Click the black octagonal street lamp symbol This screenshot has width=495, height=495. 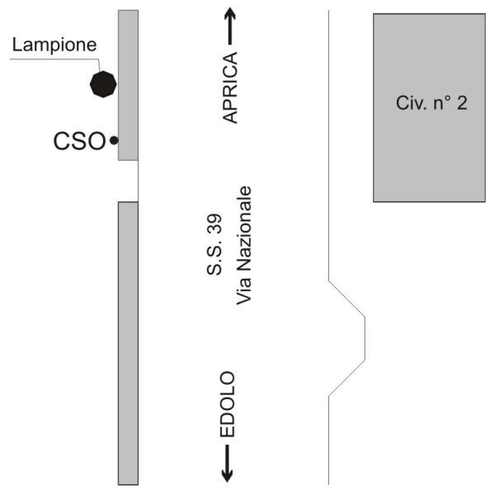point(102,84)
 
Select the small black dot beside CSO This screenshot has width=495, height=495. point(113,141)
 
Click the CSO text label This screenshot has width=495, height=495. point(80,141)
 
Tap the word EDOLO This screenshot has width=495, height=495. point(229,404)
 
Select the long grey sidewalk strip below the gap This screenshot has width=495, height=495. point(128,342)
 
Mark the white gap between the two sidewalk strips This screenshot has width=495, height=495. point(128,181)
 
